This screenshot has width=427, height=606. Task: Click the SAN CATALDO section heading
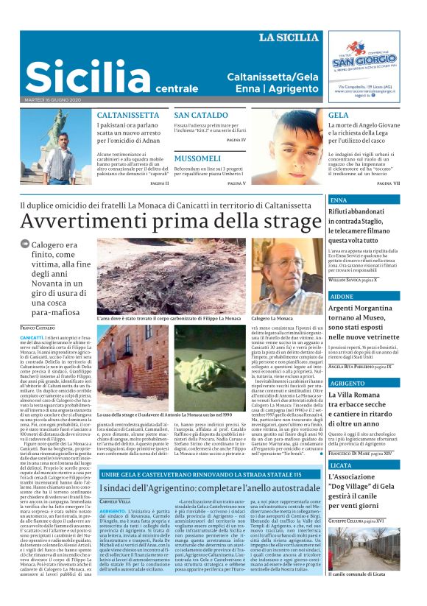200,116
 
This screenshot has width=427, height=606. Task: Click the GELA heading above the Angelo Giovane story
339,116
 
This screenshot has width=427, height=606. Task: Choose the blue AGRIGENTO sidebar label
346,384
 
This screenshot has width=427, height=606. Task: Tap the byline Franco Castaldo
38,326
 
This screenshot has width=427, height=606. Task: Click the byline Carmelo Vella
115,501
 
